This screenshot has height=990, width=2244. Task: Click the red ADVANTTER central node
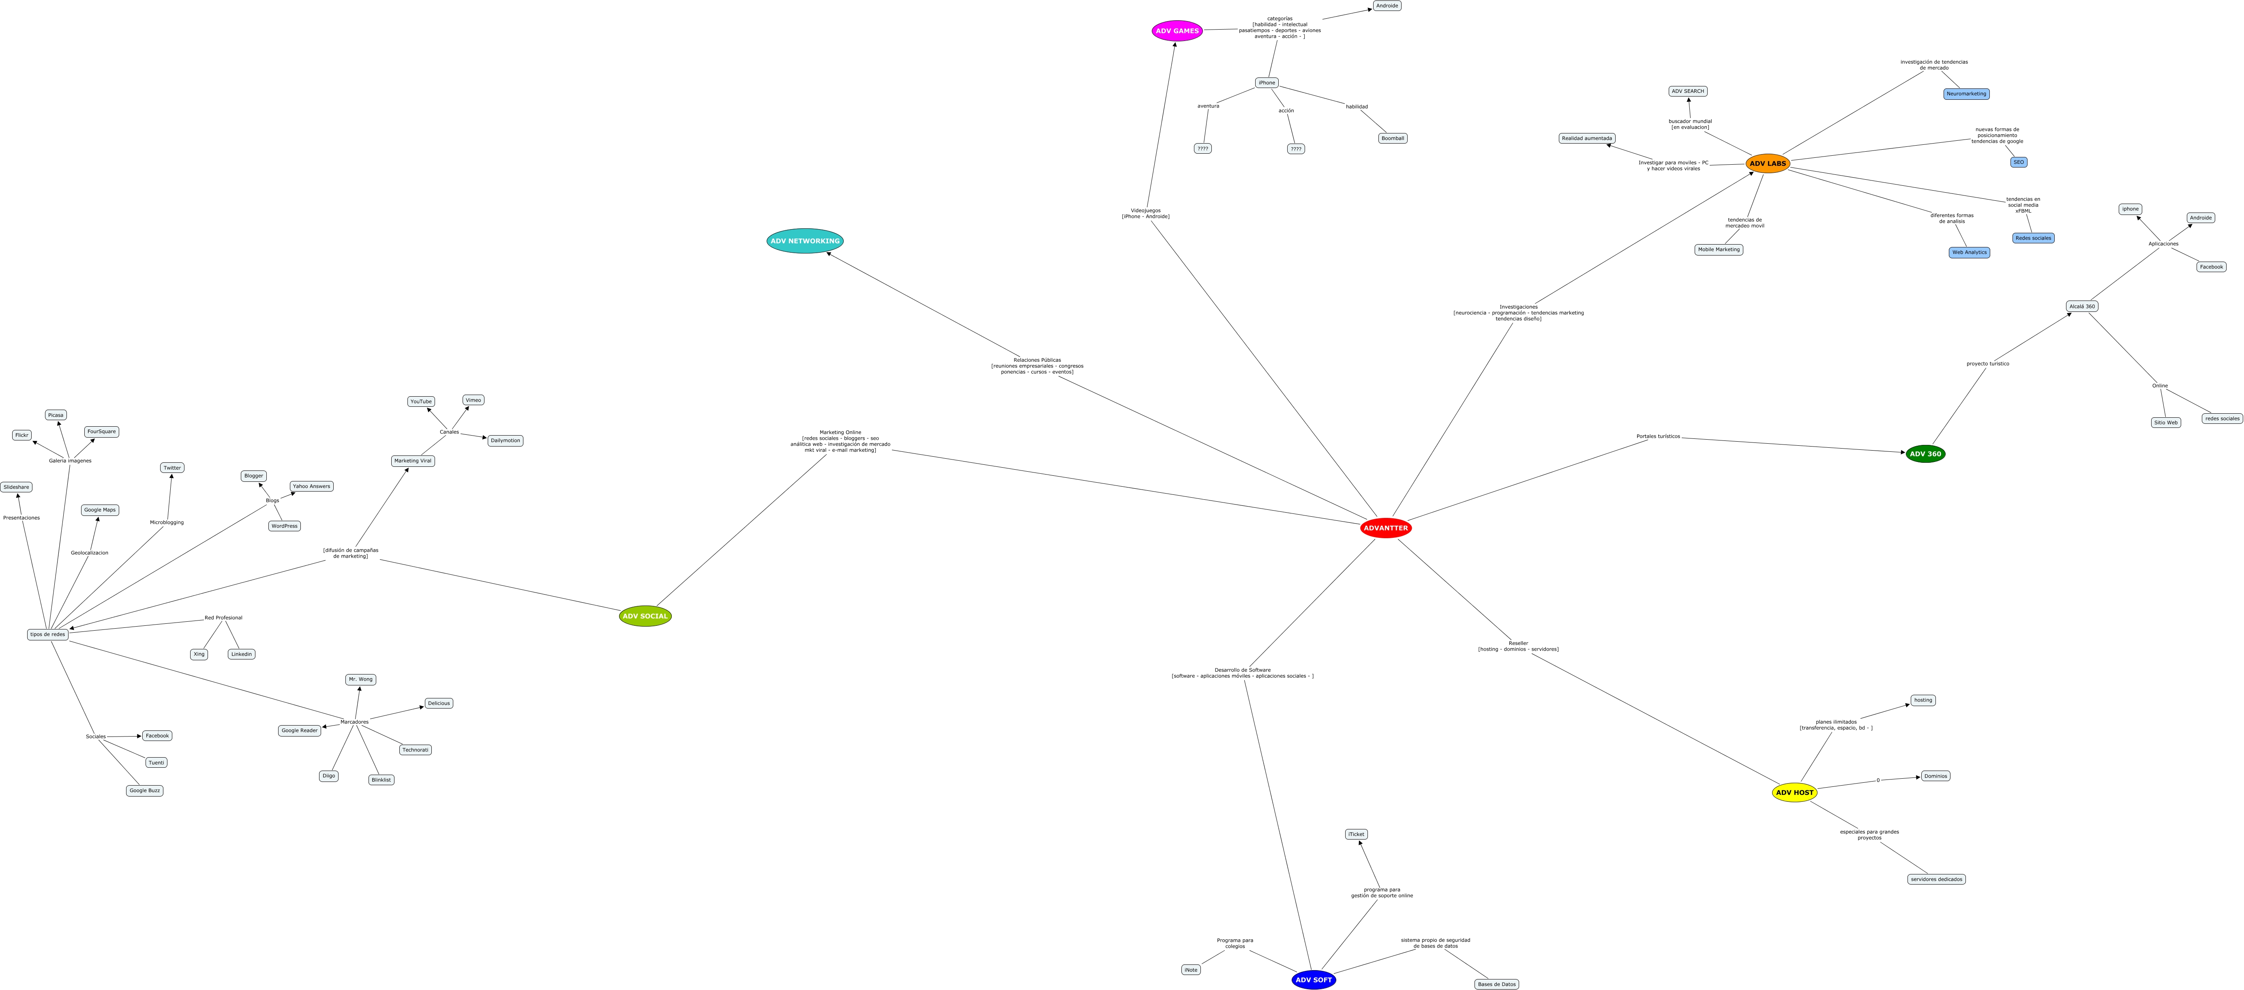tap(1385, 528)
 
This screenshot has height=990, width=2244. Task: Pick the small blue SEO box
tap(2018, 162)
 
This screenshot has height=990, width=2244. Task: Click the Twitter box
tap(172, 468)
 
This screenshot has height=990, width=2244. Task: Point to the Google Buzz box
tap(145, 790)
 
